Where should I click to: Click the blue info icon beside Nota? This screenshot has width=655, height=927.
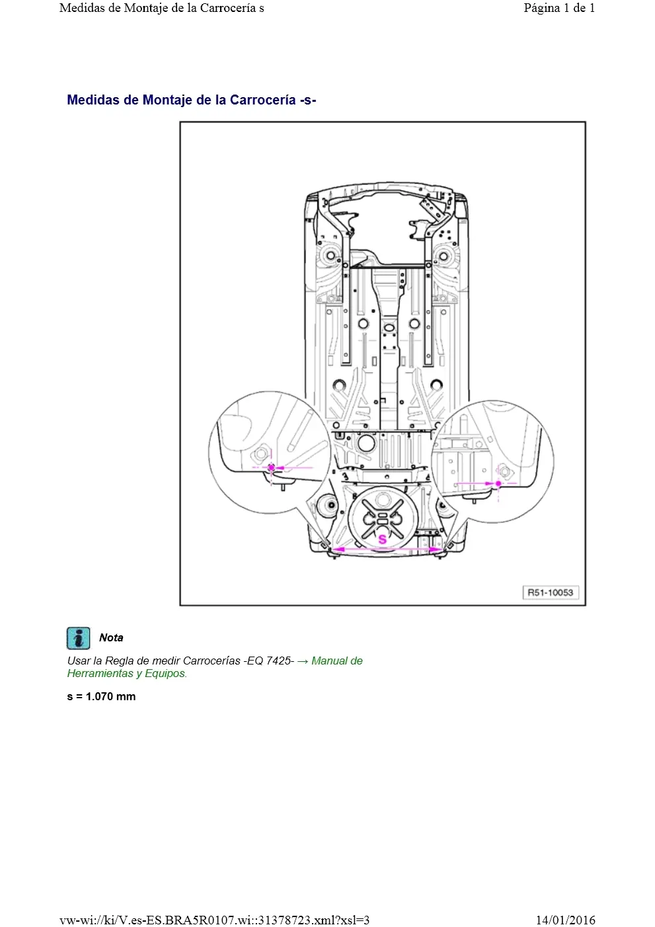point(78,638)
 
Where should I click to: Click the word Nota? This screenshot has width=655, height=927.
point(111,638)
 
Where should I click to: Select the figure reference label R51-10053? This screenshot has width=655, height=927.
point(551,592)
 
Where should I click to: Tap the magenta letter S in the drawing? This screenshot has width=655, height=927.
point(382,540)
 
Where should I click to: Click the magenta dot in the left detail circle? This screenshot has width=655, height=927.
point(272,467)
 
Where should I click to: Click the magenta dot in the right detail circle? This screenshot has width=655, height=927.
point(498,483)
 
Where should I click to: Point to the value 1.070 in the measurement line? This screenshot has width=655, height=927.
point(99,696)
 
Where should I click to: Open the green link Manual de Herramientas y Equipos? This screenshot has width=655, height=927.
point(215,667)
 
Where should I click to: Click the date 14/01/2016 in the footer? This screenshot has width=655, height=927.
point(566,920)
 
